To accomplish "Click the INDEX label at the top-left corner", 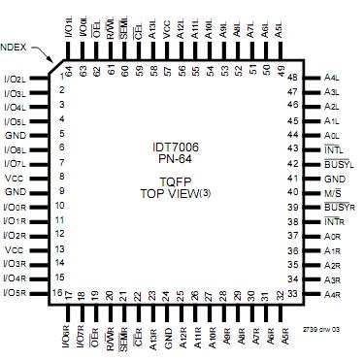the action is point(13,46).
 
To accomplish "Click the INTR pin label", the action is point(334,222).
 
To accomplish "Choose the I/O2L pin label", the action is point(16,78).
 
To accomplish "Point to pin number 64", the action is point(69,71).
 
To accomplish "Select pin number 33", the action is point(280,295).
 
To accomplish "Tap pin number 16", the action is point(58,291).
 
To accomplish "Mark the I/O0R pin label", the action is point(16,207).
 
